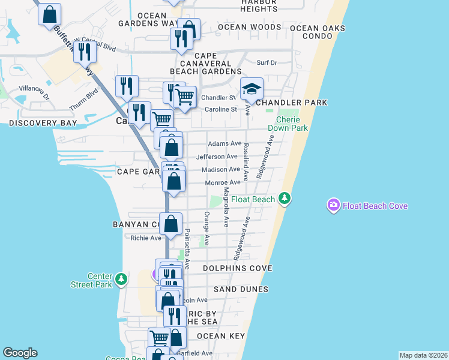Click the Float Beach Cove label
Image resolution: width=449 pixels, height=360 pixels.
375,206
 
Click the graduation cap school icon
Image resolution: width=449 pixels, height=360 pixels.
252,89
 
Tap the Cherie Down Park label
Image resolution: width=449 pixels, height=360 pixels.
292,124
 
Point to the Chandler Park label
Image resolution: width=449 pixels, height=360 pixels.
292,103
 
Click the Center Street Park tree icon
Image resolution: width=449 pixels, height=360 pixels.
121,279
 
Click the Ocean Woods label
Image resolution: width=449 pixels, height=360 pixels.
249,27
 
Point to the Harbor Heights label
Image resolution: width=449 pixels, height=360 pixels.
258,5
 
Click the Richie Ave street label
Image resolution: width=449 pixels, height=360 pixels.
146,238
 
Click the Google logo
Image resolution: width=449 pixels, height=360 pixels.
20,353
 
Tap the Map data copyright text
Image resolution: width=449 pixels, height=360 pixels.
423,355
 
